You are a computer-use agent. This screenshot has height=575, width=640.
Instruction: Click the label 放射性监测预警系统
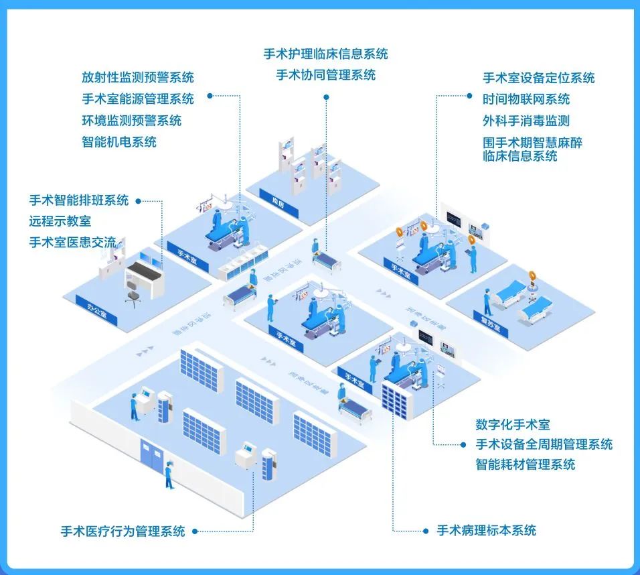(138, 78)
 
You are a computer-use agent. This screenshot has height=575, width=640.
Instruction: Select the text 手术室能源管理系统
(138, 99)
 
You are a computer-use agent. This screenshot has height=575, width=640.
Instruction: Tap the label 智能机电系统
(119, 142)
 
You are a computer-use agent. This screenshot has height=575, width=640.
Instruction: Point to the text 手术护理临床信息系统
(325, 54)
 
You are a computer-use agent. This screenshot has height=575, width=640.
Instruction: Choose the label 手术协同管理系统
(325, 75)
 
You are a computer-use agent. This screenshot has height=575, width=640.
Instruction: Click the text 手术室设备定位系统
(538, 78)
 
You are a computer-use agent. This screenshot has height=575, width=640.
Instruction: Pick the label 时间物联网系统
(526, 99)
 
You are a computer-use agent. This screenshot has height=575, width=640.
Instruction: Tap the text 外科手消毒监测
(526, 121)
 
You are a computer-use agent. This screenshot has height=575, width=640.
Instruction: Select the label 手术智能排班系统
(79, 200)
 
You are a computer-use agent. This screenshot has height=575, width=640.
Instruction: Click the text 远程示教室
(60, 220)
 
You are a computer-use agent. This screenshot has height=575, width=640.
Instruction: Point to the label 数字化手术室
(513, 424)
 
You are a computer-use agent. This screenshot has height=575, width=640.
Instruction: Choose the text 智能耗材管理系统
(526, 464)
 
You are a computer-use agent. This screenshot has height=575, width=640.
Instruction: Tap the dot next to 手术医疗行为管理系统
(195, 532)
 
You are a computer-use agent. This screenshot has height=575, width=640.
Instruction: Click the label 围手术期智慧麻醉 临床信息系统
(532, 149)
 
